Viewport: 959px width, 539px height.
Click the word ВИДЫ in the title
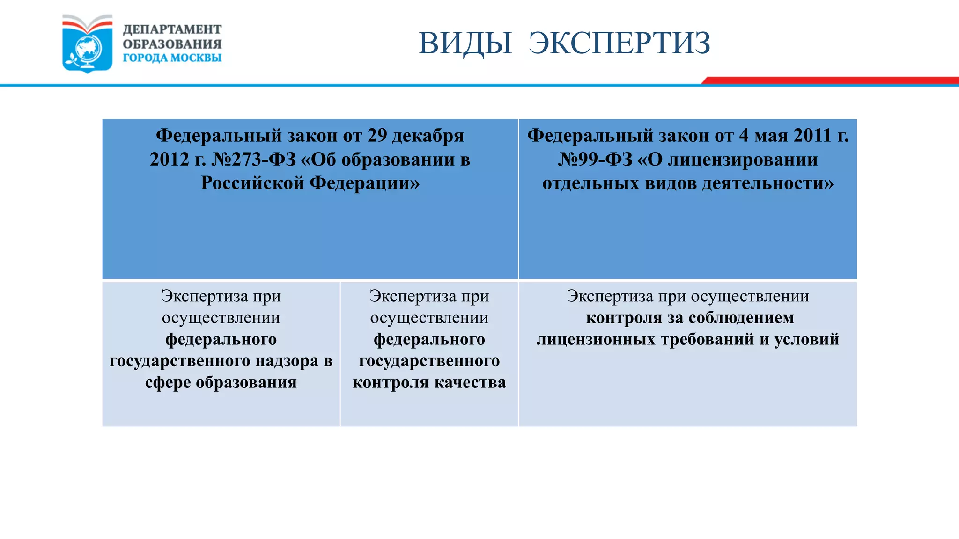coord(465,43)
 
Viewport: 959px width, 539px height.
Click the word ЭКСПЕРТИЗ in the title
coord(619,43)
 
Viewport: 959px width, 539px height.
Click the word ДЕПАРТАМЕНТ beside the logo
coord(172,29)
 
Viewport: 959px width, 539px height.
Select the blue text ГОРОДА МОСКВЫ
coord(172,58)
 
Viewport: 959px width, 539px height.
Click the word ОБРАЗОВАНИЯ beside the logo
coord(172,44)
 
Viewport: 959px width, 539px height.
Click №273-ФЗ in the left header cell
coord(254,160)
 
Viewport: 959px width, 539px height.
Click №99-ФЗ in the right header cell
coord(595,160)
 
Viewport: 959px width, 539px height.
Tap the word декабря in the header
coord(428,136)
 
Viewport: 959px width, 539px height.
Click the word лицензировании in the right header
coord(743,160)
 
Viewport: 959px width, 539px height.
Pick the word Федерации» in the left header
coord(365,183)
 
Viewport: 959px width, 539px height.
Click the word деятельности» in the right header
coord(768,183)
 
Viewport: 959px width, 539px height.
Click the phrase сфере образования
coord(221,383)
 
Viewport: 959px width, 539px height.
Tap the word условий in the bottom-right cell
coord(806,340)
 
